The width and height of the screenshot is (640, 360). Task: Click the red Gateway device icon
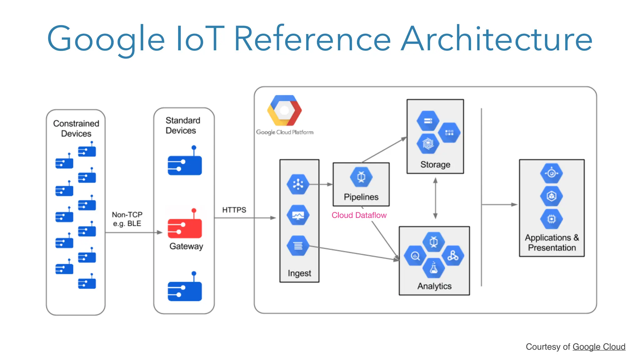pos(185,227)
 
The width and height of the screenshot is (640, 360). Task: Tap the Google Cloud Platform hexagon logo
pos(284,111)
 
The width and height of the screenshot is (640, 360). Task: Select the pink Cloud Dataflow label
pos(359,215)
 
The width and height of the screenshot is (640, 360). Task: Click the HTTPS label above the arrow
pos(234,210)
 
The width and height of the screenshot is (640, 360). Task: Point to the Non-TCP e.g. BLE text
pos(127,219)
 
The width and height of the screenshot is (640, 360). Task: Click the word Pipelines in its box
pos(361,197)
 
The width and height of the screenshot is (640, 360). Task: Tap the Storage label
pos(435,164)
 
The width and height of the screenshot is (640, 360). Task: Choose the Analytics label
pos(434,286)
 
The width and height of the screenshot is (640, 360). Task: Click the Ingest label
pos(299,273)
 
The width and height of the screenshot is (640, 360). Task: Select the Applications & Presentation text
pos(552,242)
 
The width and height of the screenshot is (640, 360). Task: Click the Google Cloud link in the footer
pos(599,347)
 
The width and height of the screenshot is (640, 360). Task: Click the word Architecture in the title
pos(497,39)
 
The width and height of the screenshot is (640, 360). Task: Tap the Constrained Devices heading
pos(76,128)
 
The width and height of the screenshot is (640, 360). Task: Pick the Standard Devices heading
pos(182,125)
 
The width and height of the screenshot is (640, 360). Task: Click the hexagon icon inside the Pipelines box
pos(361,177)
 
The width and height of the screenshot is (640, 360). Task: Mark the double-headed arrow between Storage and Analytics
pos(435,198)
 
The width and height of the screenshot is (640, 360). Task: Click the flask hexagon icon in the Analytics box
pos(433,268)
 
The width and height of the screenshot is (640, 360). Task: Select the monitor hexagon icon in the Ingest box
pos(298,215)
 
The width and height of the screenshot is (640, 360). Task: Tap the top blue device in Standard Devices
pos(185,164)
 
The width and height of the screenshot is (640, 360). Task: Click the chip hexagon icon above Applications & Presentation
pos(551,219)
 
